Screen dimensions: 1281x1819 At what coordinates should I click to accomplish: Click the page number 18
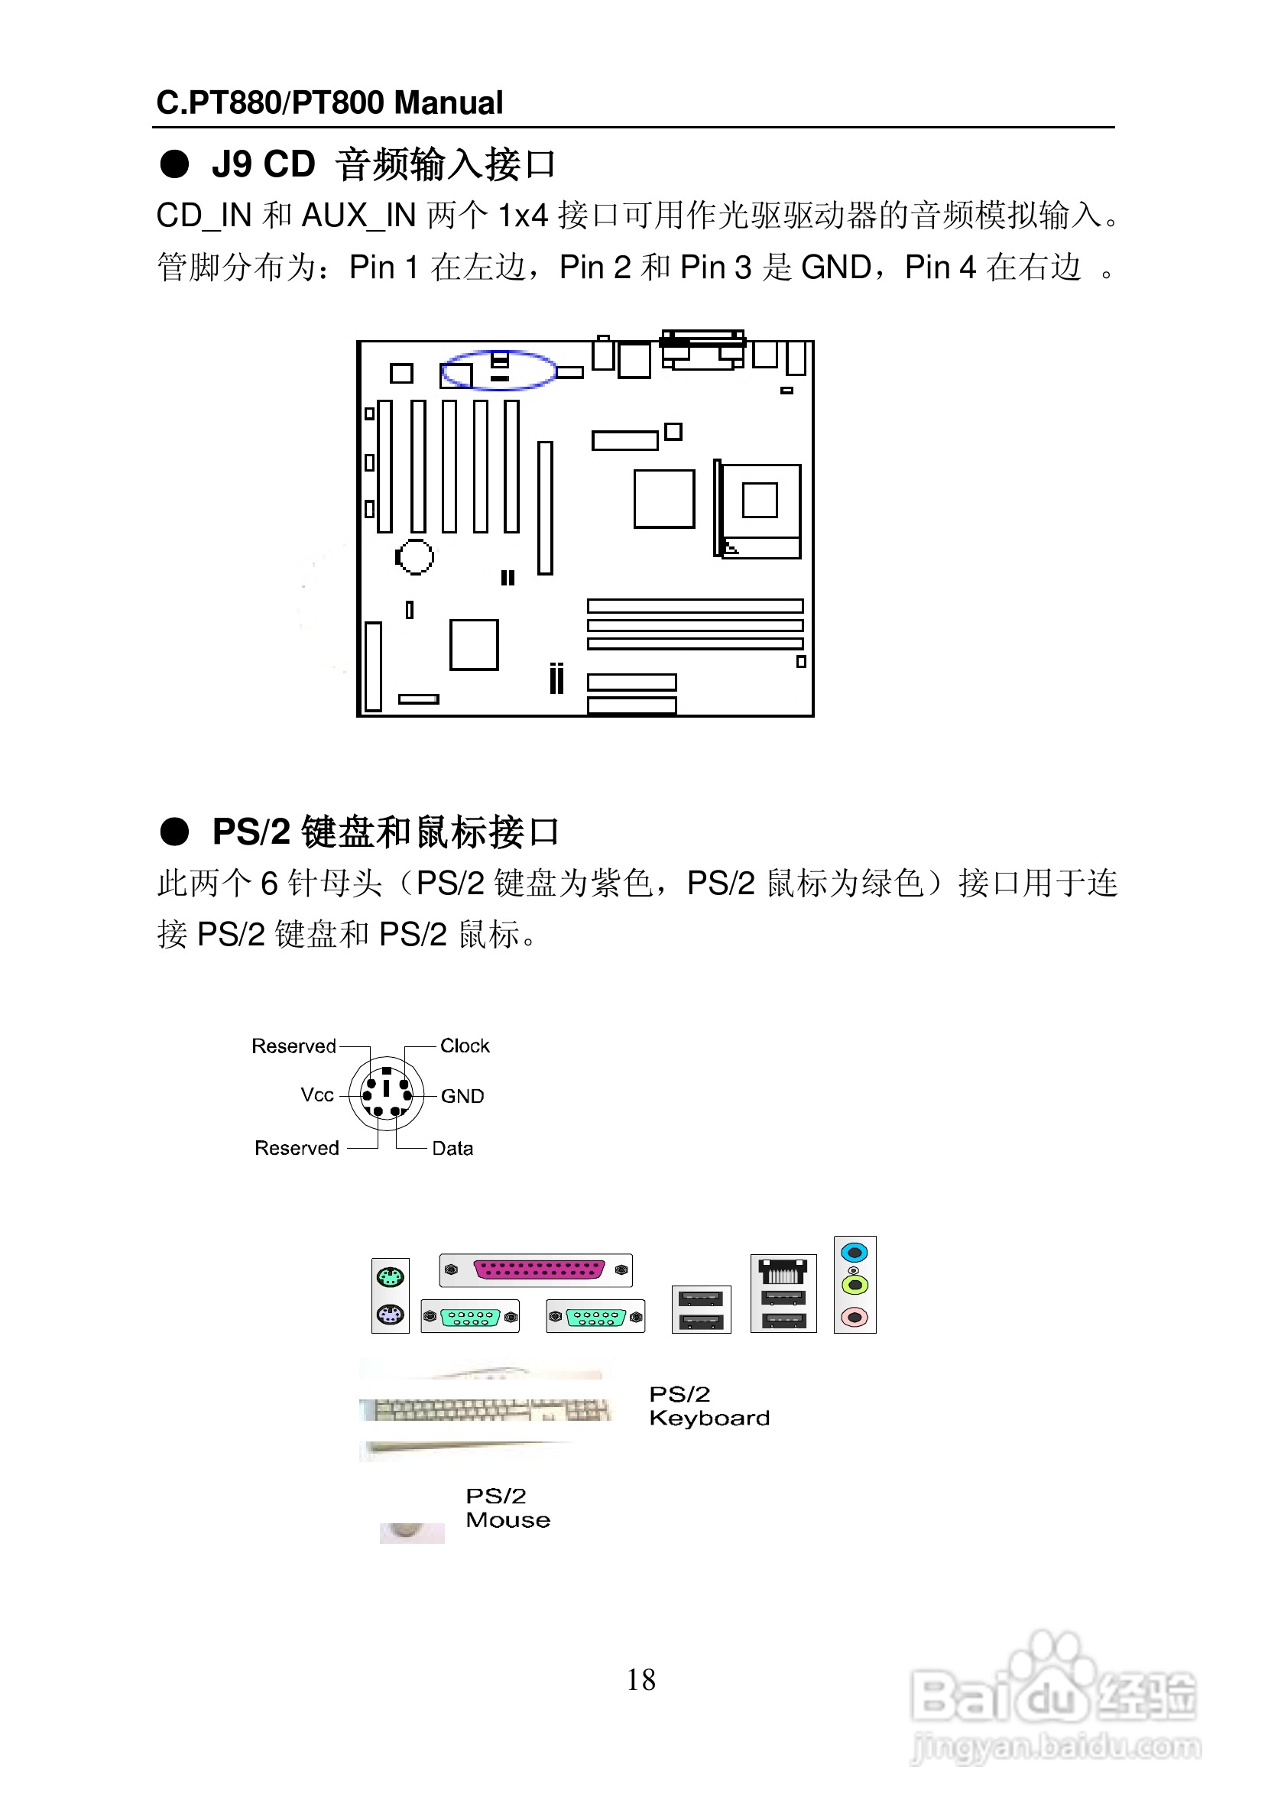tap(641, 1680)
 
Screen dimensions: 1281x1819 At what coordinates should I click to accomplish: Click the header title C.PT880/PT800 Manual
tap(329, 103)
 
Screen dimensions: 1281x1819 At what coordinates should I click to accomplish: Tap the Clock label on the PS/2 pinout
tap(465, 1046)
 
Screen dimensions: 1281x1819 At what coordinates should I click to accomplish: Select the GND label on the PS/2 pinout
tap(462, 1096)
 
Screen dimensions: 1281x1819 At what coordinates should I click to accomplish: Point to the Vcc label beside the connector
tap(317, 1095)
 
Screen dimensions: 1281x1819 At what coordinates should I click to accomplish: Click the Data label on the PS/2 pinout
tap(452, 1148)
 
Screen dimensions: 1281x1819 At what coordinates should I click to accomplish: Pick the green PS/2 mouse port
tap(391, 1277)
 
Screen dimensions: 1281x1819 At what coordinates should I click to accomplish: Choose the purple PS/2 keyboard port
tap(391, 1315)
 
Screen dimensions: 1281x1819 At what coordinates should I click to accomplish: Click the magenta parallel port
tap(539, 1270)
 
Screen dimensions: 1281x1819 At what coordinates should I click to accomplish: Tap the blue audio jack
tap(854, 1253)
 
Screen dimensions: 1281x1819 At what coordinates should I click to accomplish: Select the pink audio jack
tap(854, 1318)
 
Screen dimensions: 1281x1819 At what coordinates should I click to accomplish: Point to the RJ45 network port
tap(783, 1272)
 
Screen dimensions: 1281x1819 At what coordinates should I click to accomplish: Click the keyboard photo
tap(485, 1410)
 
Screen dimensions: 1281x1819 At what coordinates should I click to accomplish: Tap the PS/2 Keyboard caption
tap(709, 1406)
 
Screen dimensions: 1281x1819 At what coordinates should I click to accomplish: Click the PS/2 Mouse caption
tap(508, 1508)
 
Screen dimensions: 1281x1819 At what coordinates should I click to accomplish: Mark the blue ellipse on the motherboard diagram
tap(498, 370)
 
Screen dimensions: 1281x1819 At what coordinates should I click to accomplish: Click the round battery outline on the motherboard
tap(414, 556)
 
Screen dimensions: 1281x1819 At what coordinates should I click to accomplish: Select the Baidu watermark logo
tap(1054, 1695)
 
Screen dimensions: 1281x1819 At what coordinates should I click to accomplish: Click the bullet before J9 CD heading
tap(174, 164)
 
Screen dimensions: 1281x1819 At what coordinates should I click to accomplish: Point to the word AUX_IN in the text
tap(359, 216)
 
